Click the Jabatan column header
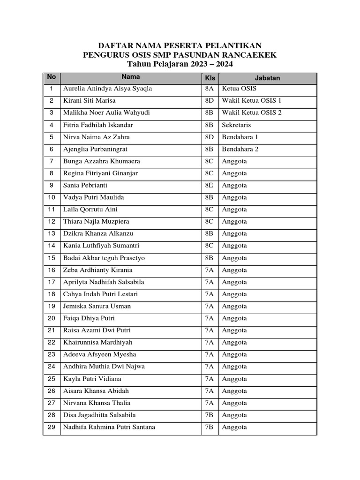coord(267,78)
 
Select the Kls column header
coord(210,78)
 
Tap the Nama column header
coord(131,77)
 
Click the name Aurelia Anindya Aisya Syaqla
coord(107,89)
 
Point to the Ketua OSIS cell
coord(239,89)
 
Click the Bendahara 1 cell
coord(240,137)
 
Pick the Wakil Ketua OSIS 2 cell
coord(252,112)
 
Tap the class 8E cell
coord(210,185)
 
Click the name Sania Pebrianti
coord(85,185)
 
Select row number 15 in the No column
coord(52,258)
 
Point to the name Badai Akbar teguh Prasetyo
coord(104,258)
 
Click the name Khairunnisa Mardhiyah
coord(98,343)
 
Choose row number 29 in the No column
coord(52,427)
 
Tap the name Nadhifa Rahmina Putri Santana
coord(109,427)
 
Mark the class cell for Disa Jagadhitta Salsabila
coord(210,415)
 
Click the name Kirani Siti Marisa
coord(89,101)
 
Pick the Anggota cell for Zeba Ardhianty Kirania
coord(234,270)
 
